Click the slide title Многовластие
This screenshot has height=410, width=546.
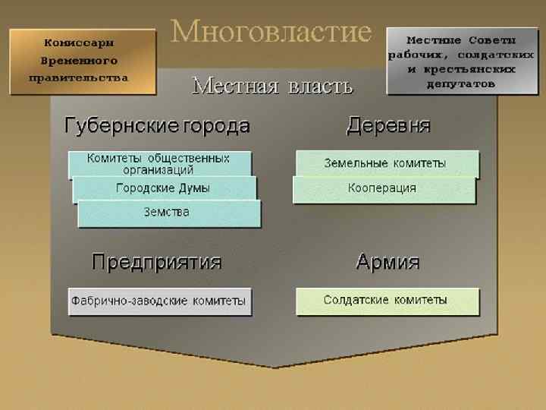click(271, 33)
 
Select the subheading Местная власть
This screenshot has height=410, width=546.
click(272, 86)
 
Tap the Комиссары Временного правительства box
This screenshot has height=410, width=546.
click(82, 61)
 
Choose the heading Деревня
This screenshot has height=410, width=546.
click(388, 125)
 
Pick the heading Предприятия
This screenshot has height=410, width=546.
click(156, 263)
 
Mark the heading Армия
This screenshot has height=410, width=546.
click(388, 263)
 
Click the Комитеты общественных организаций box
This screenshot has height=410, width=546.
click(159, 164)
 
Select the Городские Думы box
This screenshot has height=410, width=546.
click(164, 188)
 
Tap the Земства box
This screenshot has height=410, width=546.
click(168, 212)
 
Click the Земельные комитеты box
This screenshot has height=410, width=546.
click(386, 162)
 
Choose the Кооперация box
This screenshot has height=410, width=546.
click(383, 188)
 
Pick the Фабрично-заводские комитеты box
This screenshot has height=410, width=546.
click(159, 301)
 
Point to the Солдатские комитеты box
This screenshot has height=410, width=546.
click(386, 300)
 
